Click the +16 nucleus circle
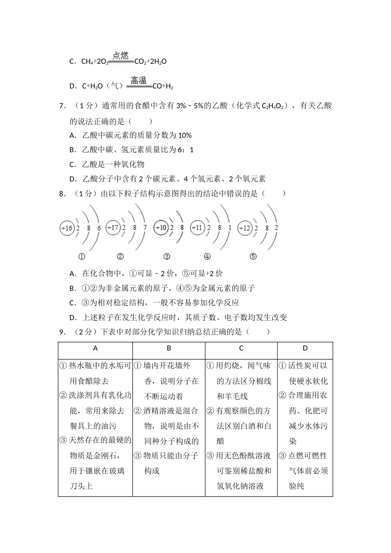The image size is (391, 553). (67, 228)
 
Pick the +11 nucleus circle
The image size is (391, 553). (198, 228)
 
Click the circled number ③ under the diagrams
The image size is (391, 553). (167, 257)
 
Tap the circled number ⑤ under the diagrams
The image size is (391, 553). (253, 257)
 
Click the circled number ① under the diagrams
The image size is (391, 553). (82, 257)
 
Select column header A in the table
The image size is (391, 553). (95, 349)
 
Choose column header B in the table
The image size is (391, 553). (169, 349)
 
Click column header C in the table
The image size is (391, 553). (241, 349)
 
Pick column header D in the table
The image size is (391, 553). (305, 349)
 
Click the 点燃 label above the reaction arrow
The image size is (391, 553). (121, 56)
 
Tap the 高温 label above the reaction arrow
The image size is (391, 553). (139, 80)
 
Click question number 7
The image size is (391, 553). (63, 106)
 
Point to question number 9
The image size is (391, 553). (63, 332)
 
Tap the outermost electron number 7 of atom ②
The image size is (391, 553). (144, 228)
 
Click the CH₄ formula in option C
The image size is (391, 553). (87, 62)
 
